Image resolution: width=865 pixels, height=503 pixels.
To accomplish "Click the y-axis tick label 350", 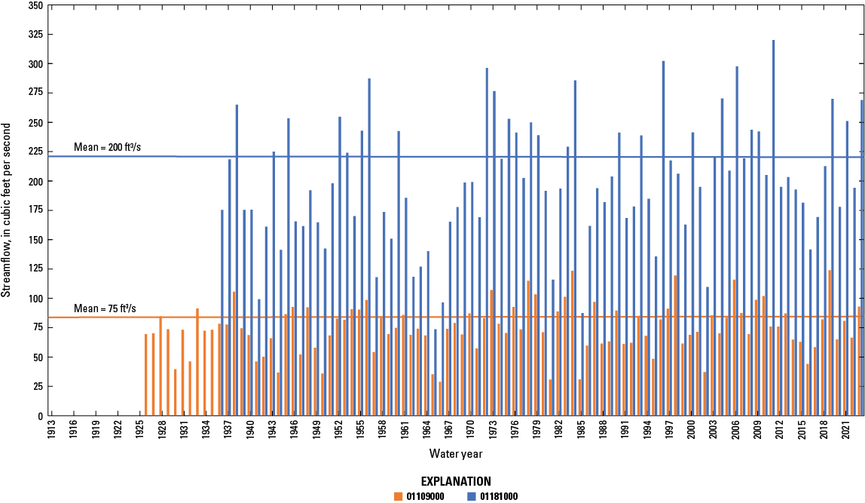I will click(x=33, y=5).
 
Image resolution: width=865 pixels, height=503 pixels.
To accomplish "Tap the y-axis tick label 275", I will click(x=33, y=93).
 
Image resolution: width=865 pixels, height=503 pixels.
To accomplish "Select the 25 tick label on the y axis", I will click(x=35, y=387).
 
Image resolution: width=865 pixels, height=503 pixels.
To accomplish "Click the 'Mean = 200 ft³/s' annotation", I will click(x=105, y=147).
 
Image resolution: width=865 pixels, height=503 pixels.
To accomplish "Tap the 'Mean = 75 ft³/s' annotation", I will click(x=105, y=308).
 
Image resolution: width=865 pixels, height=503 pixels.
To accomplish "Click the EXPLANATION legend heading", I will click(x=455, y=481).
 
